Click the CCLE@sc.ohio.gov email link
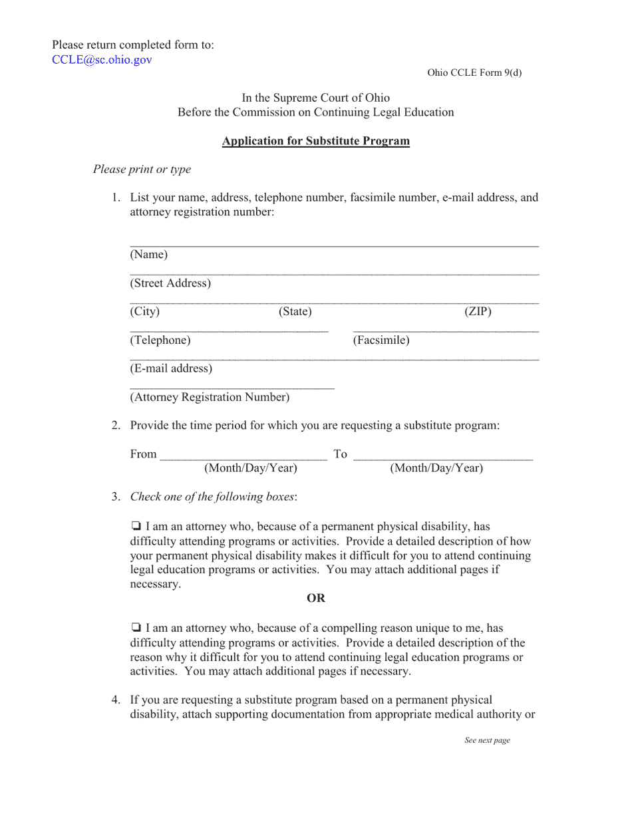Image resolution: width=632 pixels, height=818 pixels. (x=102, y=60)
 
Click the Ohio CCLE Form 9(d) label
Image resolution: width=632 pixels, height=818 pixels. (x=474, y=73)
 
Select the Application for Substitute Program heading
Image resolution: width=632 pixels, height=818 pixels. (x=315, y=141)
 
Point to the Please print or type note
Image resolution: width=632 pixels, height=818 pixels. (x=142, y=170)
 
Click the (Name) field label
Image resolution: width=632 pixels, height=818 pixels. (x=149, y=255)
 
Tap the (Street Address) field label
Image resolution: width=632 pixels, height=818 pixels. (x=170, y=283)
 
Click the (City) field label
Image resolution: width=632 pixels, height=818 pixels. (x=145, y=311)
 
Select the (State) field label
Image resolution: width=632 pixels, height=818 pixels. (x=295, y=311)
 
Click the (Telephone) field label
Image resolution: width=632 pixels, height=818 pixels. (x=160, y=341)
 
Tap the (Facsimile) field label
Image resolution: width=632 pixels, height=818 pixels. (x=381, y=341)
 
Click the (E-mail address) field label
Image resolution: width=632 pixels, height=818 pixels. (x=171, y=368)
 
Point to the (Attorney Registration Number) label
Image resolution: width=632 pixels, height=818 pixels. (x=210, y=398)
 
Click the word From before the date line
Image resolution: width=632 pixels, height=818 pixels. (x=143, y=454)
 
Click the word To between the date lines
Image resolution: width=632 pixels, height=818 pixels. (x=340, y=454)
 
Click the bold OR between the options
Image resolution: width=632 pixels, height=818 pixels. (x=316, y=599)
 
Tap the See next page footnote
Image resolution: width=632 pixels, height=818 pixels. (x=487, y=741)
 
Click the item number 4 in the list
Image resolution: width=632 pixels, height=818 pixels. (x=116, y=700)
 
